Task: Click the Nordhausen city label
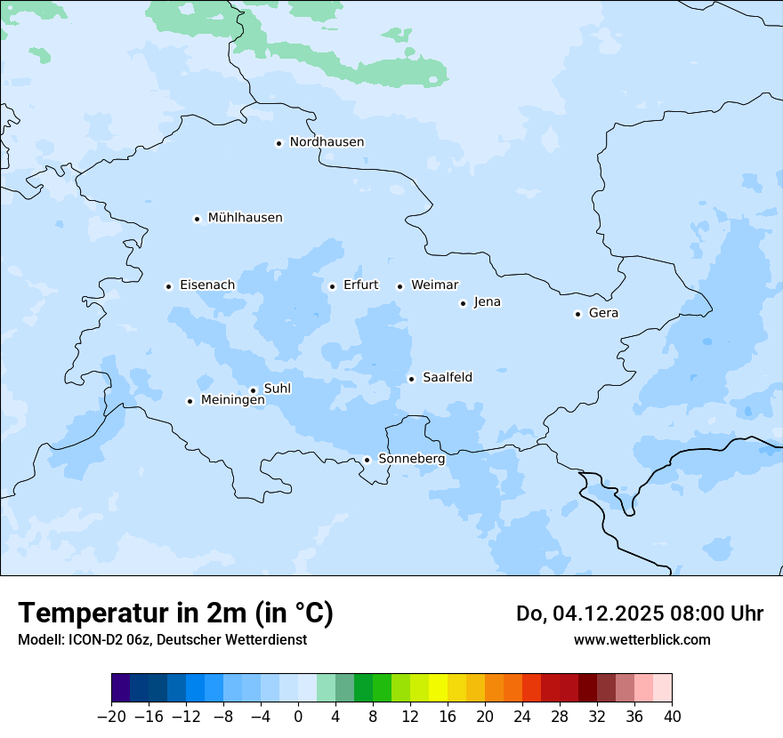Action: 327,142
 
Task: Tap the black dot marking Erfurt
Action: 332,286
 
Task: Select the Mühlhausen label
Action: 245,218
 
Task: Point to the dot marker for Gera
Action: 577,314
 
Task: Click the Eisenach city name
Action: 207,285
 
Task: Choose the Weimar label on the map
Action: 434,285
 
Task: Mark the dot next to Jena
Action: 463,303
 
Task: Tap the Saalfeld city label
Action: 448,378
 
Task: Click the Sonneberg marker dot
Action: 367,460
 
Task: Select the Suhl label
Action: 278,389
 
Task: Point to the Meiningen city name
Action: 232,401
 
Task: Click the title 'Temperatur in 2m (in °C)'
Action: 175,613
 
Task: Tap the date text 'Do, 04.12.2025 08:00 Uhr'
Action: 639,614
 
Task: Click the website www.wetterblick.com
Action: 642,639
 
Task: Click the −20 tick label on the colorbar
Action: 111,717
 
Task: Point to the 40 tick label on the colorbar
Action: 672,717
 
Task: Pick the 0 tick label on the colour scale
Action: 298,717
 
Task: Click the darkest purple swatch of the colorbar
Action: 121,688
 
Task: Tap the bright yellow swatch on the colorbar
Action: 438,688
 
